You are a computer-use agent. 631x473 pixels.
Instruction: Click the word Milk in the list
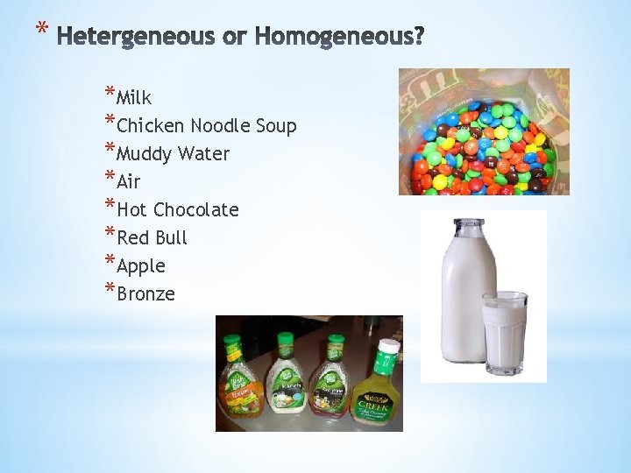(x=134, y=98)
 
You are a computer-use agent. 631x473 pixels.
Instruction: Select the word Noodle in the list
(x=223, y=126)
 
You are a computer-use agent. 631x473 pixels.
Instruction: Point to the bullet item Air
(x=128, y=182)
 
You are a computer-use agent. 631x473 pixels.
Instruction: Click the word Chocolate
(x=196, y=210)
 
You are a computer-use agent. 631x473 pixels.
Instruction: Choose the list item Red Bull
(x=152, y=238)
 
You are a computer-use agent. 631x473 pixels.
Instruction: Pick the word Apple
(x=140, y=266)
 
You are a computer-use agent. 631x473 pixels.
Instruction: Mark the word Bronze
(x=145, y=294)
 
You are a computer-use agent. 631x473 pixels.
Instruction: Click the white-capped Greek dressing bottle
(x=376, y=385)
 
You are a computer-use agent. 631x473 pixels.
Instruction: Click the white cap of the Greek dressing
(x=387, y=345)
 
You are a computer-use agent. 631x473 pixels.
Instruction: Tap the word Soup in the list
(x=276, y=126)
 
